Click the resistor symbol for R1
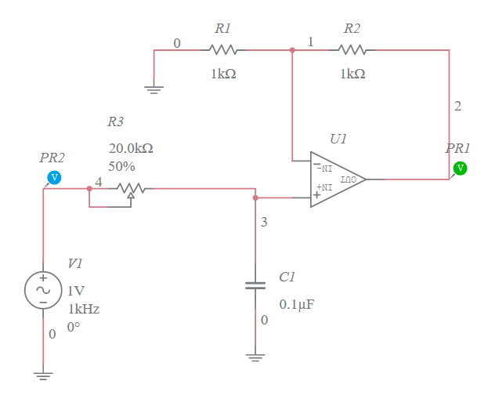coord(223,50)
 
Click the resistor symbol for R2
coord(352,50)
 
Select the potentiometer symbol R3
coord(130,188)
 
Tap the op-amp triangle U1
coord(335,179)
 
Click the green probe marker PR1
coord(460,168)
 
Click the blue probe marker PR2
coord(54,177)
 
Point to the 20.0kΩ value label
coord(130,147)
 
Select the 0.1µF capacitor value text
coord(297,304)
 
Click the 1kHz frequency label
coord(83,309)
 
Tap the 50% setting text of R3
coord(121,166)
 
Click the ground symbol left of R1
coord(154,89)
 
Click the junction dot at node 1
coord(292,50)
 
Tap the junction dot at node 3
coord(255,198)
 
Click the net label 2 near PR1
coord(458,106)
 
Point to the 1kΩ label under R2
coord(352,73)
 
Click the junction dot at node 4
coord(89,188)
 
